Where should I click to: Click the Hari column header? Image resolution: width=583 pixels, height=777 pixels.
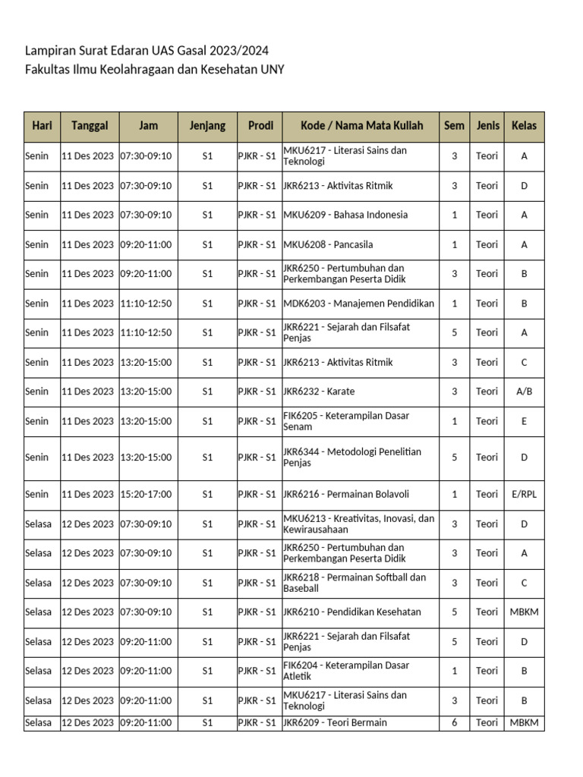coord(42,126)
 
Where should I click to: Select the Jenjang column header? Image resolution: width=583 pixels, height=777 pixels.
coord(207,126)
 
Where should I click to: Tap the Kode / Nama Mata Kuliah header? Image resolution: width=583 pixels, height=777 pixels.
coord(361,126)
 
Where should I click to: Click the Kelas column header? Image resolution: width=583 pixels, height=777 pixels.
coord(524,126)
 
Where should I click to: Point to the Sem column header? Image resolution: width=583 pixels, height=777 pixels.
coord(454,126)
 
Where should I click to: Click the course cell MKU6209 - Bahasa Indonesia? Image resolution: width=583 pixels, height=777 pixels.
coord(345,215)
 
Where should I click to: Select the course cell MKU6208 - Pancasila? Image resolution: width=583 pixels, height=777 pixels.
coord(328,244)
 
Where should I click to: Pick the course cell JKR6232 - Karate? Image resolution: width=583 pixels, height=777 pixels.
coord(319,392)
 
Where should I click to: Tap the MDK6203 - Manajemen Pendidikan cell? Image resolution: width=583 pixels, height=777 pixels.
coord(358,304)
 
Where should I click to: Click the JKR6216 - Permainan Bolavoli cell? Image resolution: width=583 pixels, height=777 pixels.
coord(346,494)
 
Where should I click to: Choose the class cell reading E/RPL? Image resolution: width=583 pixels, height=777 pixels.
coord(524,494)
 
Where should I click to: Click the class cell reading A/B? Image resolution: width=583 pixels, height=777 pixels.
coord(524,392)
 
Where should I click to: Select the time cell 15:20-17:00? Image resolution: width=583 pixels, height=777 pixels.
coord(146,494)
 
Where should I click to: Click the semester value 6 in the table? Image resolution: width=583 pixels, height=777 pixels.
coord(454,723)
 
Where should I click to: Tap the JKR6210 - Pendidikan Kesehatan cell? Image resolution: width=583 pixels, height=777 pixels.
coord(352,612)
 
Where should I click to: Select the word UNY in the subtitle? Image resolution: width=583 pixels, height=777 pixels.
coord(271,70)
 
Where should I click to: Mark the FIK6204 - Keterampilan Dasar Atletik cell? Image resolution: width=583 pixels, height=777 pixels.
coord(346,671)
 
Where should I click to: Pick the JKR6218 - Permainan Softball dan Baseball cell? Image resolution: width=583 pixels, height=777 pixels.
coord(355,583)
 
